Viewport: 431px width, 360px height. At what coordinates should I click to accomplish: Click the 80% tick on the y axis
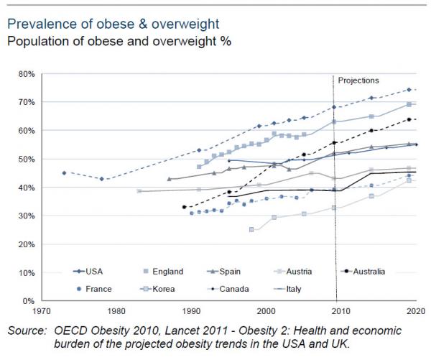(x=26, y=73)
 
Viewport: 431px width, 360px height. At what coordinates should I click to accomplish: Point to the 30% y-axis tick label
(x=26, y=216)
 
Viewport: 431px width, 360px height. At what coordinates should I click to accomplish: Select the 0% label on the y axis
(x=29, y=300)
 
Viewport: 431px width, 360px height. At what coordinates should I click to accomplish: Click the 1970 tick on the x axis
(x=42, y=310)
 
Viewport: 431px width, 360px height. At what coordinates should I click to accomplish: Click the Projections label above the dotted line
(x=358, y=80)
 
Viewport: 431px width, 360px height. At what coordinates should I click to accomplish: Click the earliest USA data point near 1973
(x=64, y=172)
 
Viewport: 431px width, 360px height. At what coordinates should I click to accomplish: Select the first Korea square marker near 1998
(x=251, y=229)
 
